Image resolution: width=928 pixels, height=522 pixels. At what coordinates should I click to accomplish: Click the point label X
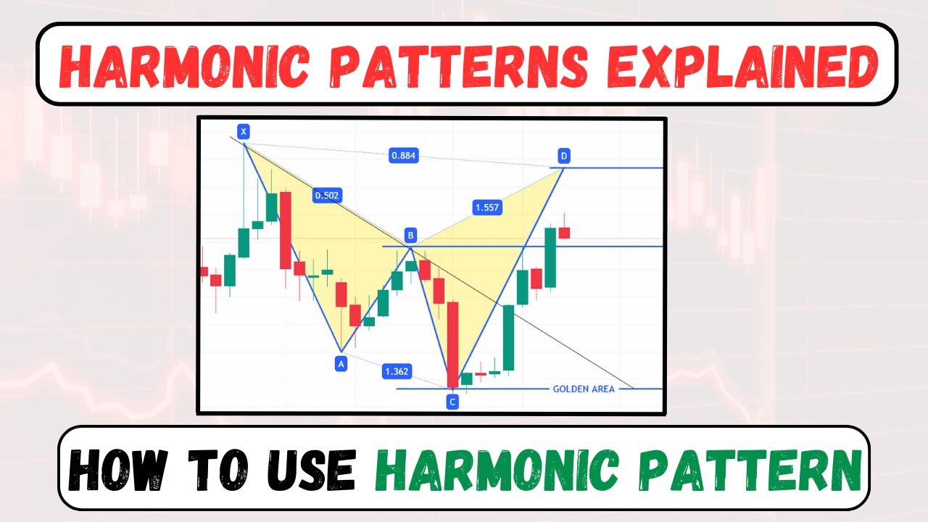tap(244, 131)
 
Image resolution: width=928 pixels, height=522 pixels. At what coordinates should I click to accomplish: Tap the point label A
tap(341, 364)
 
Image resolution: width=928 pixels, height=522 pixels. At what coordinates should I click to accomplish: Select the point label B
tap(410, 235)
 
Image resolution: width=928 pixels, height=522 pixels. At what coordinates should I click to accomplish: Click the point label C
tap(452, 401)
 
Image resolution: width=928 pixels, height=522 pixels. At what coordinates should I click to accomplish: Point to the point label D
tap(563, 155)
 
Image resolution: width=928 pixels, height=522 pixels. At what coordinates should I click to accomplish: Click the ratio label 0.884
tap(404, 155)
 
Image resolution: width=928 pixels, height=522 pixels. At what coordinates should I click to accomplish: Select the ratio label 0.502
tap(327, 195)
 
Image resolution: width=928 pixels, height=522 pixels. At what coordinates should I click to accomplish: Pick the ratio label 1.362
tap(397, 372)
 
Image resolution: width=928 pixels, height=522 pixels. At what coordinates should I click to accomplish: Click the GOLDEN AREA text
tap(584, 389)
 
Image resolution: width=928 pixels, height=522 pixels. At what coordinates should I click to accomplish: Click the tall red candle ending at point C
tap(453, 344)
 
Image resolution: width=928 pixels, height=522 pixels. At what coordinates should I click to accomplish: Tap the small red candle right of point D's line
tap(564, 233)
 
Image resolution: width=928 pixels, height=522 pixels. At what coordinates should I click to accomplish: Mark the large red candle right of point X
tap(286, 231)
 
